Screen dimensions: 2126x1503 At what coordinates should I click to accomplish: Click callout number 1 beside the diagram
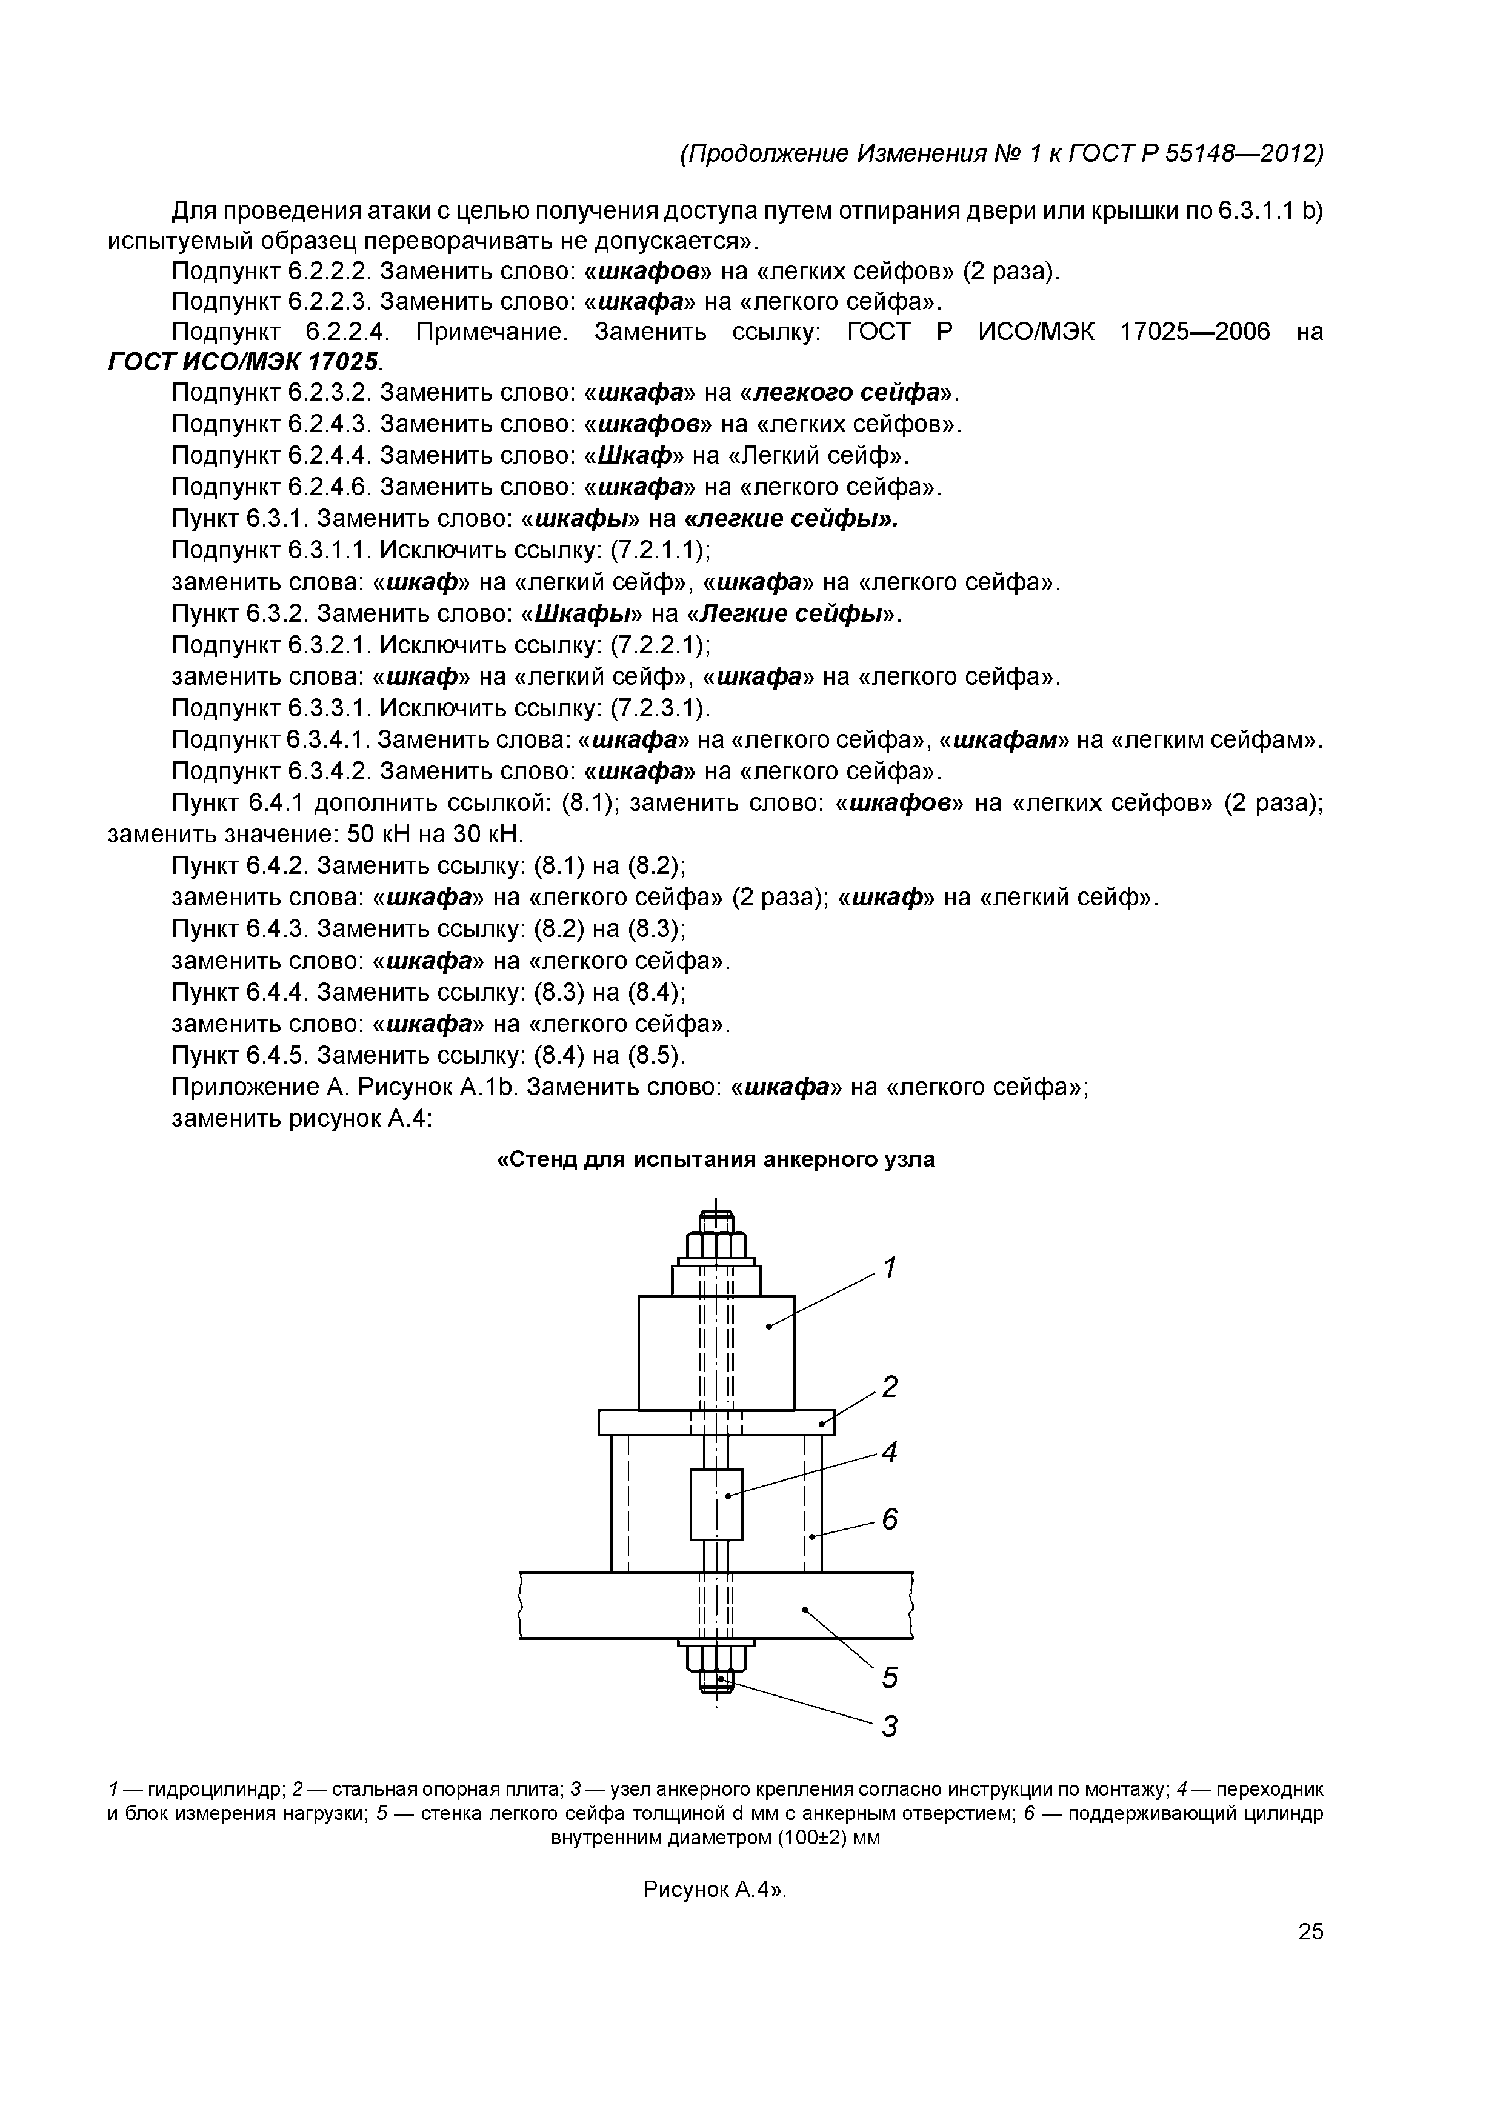click(889, 1267)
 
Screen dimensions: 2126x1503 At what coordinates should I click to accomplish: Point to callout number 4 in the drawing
click(889, 1452)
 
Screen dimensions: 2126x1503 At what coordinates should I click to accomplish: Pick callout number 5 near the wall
click(889, 1677)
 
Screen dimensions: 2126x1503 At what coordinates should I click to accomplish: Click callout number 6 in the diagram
click(889, 1519)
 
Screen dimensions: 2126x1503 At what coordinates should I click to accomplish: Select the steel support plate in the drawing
click(648, 1421)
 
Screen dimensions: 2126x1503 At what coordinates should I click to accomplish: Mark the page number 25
click(1310, 1931)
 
